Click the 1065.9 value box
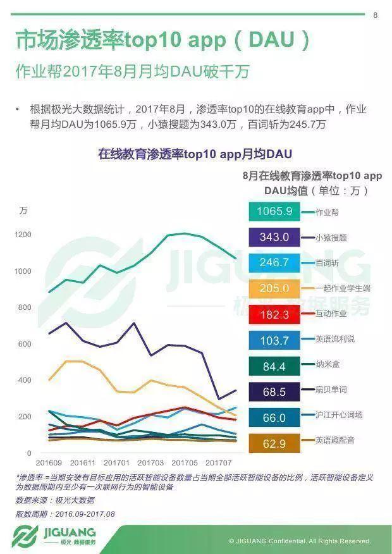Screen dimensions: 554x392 (274, 211)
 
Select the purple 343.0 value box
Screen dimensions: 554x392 (274, 237)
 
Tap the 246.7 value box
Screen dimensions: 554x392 (274, 262)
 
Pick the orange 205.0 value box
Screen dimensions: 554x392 (274, 288)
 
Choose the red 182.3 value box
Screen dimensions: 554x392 (274, 314)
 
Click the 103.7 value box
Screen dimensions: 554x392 (274, 340)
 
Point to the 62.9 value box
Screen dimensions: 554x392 (274, 444)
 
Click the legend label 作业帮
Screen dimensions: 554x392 (328, 212)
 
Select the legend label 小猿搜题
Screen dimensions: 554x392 (331, 238)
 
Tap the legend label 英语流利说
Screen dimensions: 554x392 (335, 339)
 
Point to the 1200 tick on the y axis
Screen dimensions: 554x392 (23, 235)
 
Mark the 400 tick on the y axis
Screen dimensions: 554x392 (25, 380)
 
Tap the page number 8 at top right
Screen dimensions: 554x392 (375, 15)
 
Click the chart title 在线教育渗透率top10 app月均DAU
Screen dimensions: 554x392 (195, 154)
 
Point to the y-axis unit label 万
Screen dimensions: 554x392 (23, 211)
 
